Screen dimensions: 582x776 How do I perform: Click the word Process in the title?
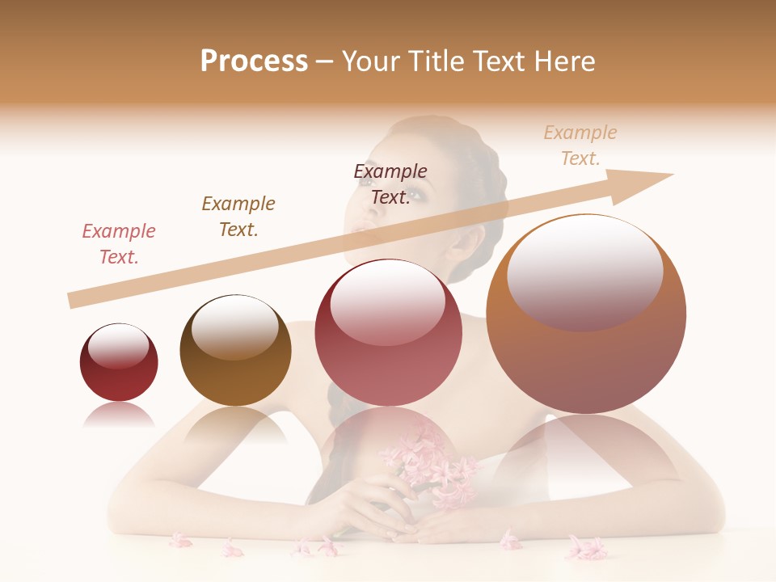pos(254,61)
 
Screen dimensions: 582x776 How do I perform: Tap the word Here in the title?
pos(563,61)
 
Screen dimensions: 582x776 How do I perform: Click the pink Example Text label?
pos(119,244)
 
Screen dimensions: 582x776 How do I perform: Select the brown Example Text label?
pos(238,217)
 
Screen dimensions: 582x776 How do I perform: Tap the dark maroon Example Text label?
pos(390,184)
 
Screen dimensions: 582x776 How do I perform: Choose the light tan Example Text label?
pos(580,145)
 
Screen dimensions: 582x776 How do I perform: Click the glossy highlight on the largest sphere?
pos(585,272)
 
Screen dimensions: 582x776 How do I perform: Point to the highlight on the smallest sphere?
pos(118,347)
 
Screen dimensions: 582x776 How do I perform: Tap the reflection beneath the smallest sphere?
pos(119,415)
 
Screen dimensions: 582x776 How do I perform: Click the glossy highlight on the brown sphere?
pos(234,327)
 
